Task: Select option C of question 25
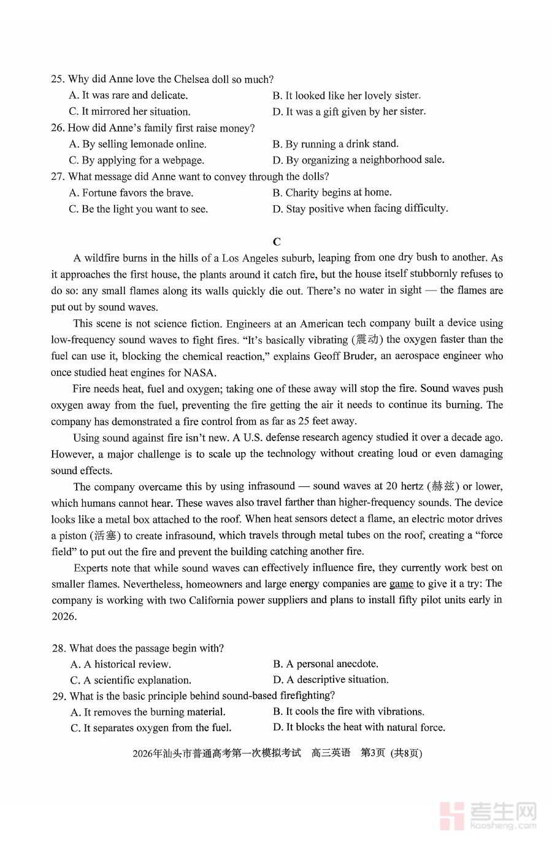[x=129, y=111]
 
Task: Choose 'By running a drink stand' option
[x=335, y=144]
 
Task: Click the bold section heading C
[x=277, y=241]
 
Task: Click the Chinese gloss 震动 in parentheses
[x=367, y=340]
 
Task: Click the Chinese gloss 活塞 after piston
[x=104, y=536]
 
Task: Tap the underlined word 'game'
[x=401, y=583]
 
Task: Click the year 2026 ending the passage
[x=63, y=616]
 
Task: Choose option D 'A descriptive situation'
[x=331, y=680]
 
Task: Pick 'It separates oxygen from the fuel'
[x=151, y=728]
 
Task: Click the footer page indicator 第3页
[x=372, y=753]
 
